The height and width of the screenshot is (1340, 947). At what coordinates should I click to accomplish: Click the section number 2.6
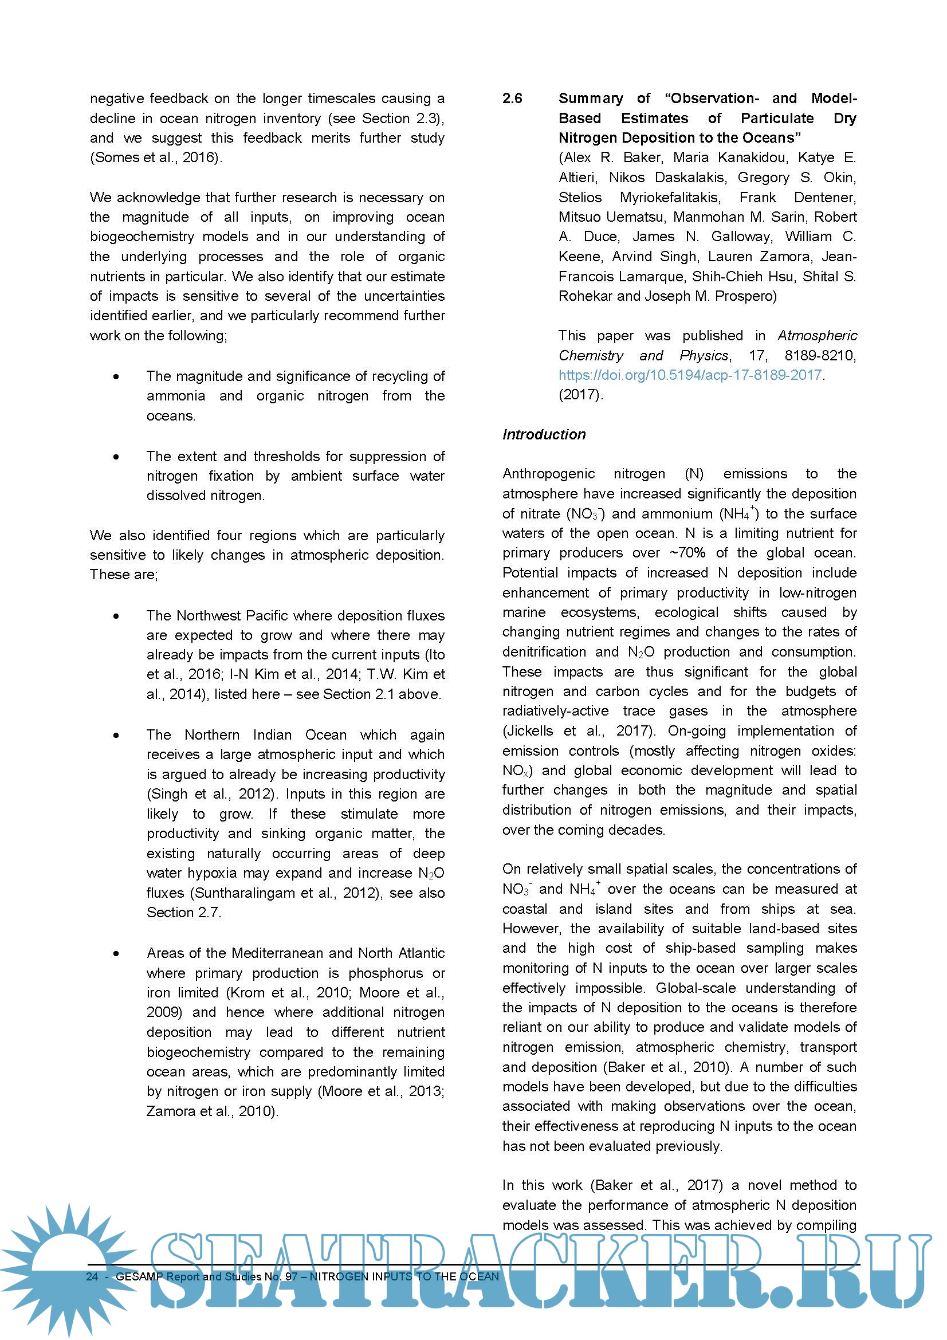pos(512,99)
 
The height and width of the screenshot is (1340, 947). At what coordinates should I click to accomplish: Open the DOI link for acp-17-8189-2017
pos(690,375)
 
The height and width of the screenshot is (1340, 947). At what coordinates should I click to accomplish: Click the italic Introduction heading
pos(544,434)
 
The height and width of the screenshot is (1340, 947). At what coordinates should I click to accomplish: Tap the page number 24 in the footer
pos(92,1276)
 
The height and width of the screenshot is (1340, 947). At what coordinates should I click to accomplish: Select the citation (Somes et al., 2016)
pos(156,158)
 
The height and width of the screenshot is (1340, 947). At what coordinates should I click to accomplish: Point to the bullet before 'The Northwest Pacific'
pos(117,616)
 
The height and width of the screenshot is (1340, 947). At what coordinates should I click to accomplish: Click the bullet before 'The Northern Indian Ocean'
pos(117,735)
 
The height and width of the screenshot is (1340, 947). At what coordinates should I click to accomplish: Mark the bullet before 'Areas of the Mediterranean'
pos(117,953)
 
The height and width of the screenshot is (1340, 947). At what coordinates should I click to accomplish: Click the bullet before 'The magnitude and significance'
pos(117,376)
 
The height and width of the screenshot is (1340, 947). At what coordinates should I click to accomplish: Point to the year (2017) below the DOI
pos(580,395)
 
